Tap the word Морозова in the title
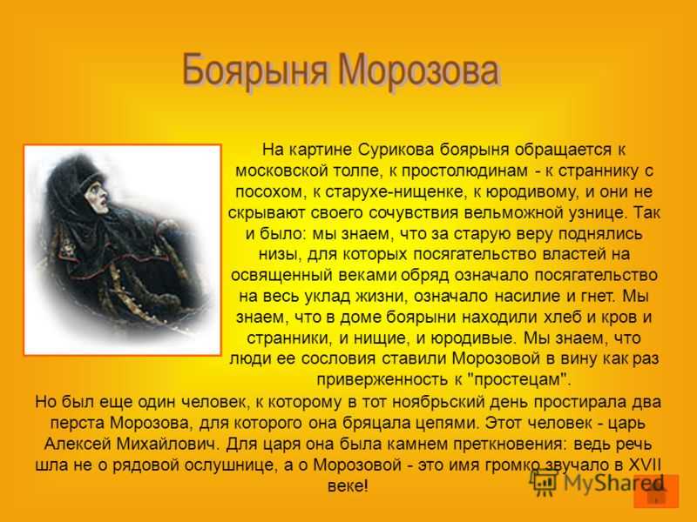coord(418,70)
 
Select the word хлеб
coord(563,317)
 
